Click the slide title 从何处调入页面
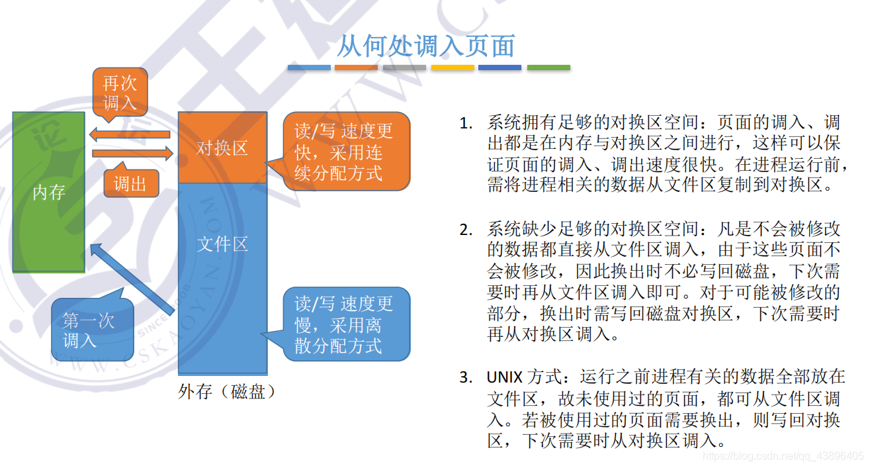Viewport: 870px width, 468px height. point(426,46)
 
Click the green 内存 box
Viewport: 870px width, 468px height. point(49,192)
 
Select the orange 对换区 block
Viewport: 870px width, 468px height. point(222,148)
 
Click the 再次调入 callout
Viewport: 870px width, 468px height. point(120,92)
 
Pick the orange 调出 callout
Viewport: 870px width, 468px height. point(131,183)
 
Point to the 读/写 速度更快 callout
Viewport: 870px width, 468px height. point(344,151)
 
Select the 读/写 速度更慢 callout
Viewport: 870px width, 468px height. point(344,324)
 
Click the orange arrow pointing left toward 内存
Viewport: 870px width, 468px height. point(130,135)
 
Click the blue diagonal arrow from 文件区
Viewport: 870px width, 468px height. point(132,278)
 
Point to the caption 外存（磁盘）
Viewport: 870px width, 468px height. point(226,392)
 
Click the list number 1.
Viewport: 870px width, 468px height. point(466,124)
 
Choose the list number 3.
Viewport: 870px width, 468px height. point(466,378)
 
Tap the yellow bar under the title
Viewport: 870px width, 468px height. point(453,68)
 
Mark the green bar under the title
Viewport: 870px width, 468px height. point(548,68)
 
